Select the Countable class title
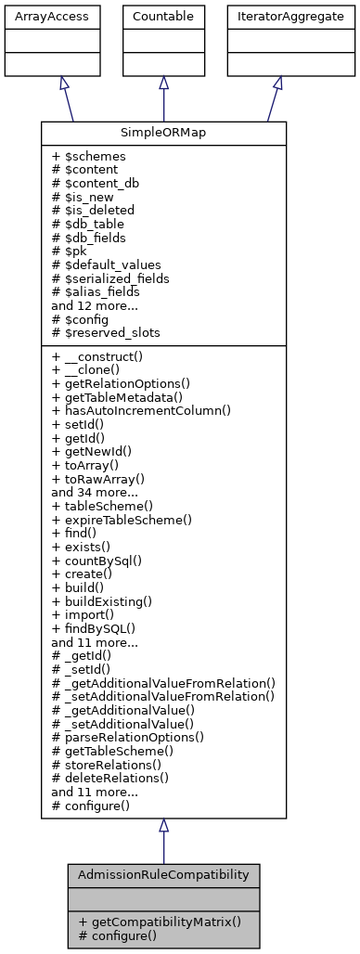[163, 16]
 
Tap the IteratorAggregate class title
[276, 16]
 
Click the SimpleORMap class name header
[163, 133]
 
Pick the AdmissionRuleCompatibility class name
[163, 875]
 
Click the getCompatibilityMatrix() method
[160, 922]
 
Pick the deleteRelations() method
[109, 778]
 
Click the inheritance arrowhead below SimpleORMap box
[163, 826]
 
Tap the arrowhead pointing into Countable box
[163, 83]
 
